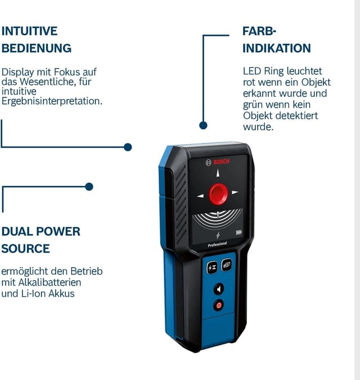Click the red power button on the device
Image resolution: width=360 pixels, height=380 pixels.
pos(219,305)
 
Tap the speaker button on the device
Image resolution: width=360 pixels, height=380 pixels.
pos(219,289)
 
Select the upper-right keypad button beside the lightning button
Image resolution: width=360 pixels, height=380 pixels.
pos(227,265)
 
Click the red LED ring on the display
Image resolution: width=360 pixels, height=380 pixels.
pos(218,194)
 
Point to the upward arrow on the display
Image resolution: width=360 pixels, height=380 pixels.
pos(218,173)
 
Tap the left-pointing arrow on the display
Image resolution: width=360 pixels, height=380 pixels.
pos(200,196)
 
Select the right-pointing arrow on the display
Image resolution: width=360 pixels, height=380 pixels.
pos(235,193)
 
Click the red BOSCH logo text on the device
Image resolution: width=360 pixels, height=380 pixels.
pos(221,162)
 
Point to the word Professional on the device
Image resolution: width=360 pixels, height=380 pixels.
pos(217,244)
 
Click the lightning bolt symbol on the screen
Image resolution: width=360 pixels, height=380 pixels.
pos(218,235)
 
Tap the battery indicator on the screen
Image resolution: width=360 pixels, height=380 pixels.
pos(238,233)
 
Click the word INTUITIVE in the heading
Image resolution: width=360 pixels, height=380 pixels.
pos(30,31)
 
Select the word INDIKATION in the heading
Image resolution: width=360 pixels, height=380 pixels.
pos(277,48)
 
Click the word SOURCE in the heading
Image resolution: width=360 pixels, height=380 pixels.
pos(26,249)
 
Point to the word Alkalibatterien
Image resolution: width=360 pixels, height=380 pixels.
pos(49,283)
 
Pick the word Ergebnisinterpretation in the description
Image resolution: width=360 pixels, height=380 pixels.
pos(52,101)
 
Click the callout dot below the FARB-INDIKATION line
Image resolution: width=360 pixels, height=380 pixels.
pos(204,126)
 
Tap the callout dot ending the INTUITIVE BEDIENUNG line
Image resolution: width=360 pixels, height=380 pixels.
pos(128,147)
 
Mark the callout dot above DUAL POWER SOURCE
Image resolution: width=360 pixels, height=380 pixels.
pos(89,186)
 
